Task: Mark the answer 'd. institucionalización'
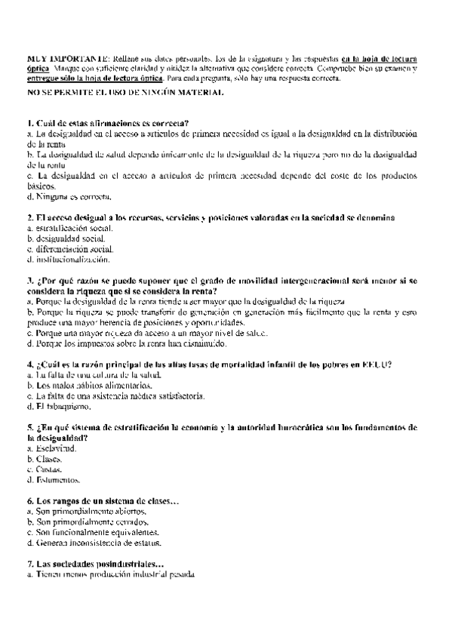(68, 259)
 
